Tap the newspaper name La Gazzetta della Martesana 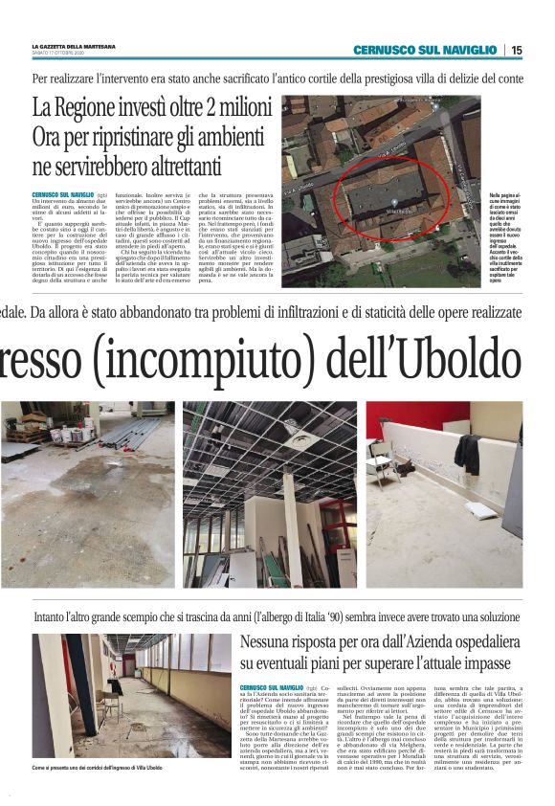pos(75,45)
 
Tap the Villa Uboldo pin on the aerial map pos(402,209)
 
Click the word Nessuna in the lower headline pos(272,642)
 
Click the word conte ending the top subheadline pos(508,78)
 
